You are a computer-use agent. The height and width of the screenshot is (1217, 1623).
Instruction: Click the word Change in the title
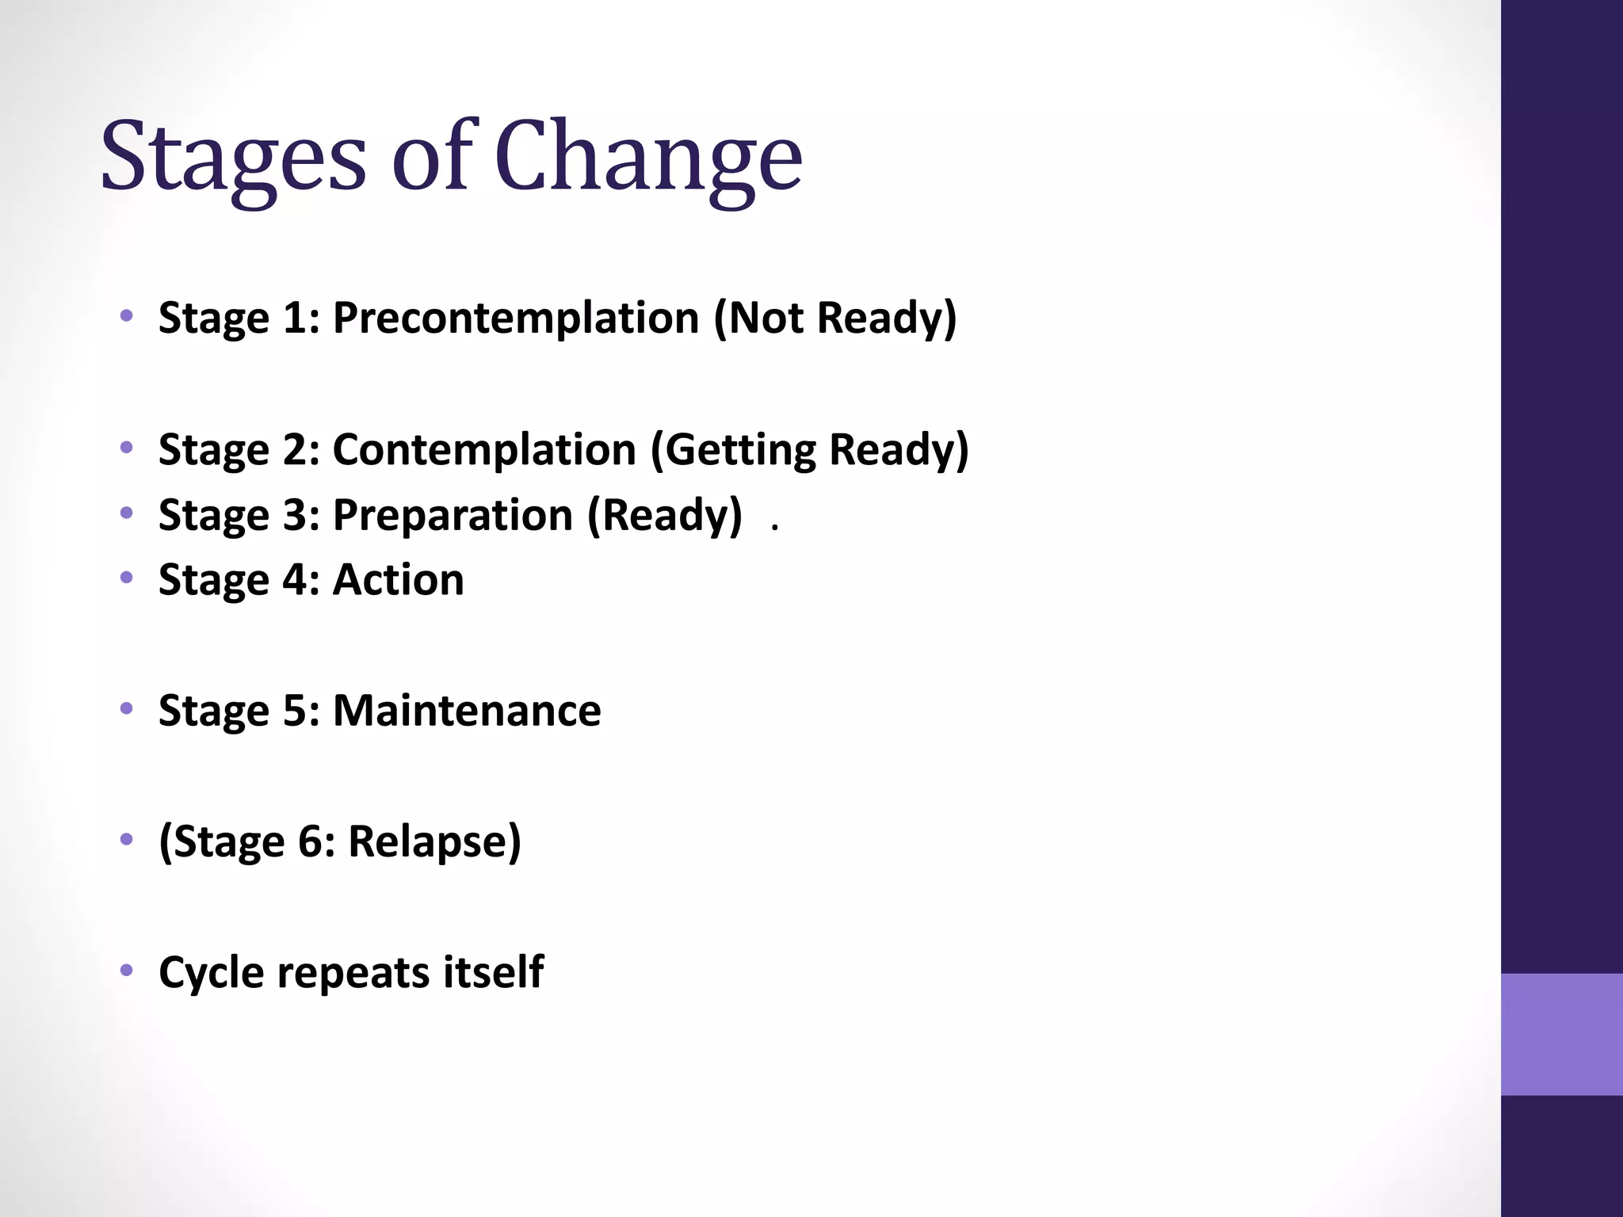pyautogui.click(x=648, y=156)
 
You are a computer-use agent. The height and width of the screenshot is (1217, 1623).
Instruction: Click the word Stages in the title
pyautogui.click(x=233, y=156)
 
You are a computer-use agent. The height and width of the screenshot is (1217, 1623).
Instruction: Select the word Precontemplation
pyautogui.click(x=515, y=318)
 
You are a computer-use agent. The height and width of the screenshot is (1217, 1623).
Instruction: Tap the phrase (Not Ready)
pyautogui.click(x=835, y=318)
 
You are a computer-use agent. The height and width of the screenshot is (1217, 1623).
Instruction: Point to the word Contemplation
pyautogui.click(x=484, y=450)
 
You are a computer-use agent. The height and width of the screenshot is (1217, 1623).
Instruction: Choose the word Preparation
pyautogui.click(x=453, y=515)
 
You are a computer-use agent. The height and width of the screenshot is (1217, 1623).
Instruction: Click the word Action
pyautogui.click(x=398, y=580)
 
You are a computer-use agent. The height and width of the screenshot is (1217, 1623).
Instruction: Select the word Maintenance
pyautogui.click(x=467, y=711)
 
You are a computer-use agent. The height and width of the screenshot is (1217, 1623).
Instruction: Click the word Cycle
pyautogui.click(x=211, y=972)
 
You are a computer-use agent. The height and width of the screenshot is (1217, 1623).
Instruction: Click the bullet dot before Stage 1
pyautogui.click(x=126, y=317)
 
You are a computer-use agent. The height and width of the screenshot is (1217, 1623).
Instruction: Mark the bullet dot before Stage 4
pyautogui.click(x=126, y=578)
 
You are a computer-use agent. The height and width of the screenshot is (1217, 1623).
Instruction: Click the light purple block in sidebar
pyautogui.click(x=1561, y=1033)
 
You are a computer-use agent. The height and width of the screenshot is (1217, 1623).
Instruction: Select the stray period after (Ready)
pyautogui.click(x=774, y=527)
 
